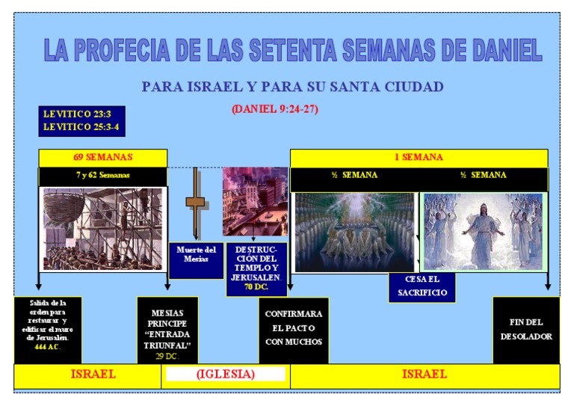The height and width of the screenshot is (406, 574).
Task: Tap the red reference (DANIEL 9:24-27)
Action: tap(275, 109)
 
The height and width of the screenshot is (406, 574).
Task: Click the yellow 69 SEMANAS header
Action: tap(103, 158)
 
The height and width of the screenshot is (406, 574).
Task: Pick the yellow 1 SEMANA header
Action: tap(419, 158)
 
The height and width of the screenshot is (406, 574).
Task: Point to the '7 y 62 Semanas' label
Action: tap(102, 175)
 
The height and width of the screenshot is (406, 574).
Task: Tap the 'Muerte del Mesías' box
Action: tap(197, 254)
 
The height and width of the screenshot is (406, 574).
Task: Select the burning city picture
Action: tap(255, 200)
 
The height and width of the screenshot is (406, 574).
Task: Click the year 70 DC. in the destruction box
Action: tap(256, 286)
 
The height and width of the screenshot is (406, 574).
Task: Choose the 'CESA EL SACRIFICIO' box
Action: tap(422, 287)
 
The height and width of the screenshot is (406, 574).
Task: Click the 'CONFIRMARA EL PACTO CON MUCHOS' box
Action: tap(294, 328)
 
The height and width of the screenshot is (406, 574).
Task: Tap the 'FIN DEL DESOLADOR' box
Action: tap(526, 329)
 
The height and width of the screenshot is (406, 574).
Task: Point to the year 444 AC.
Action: tap(47, 348)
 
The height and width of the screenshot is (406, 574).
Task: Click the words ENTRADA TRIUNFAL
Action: tap(167, 339)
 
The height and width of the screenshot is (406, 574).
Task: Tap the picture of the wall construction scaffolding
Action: tap(102, 228)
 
